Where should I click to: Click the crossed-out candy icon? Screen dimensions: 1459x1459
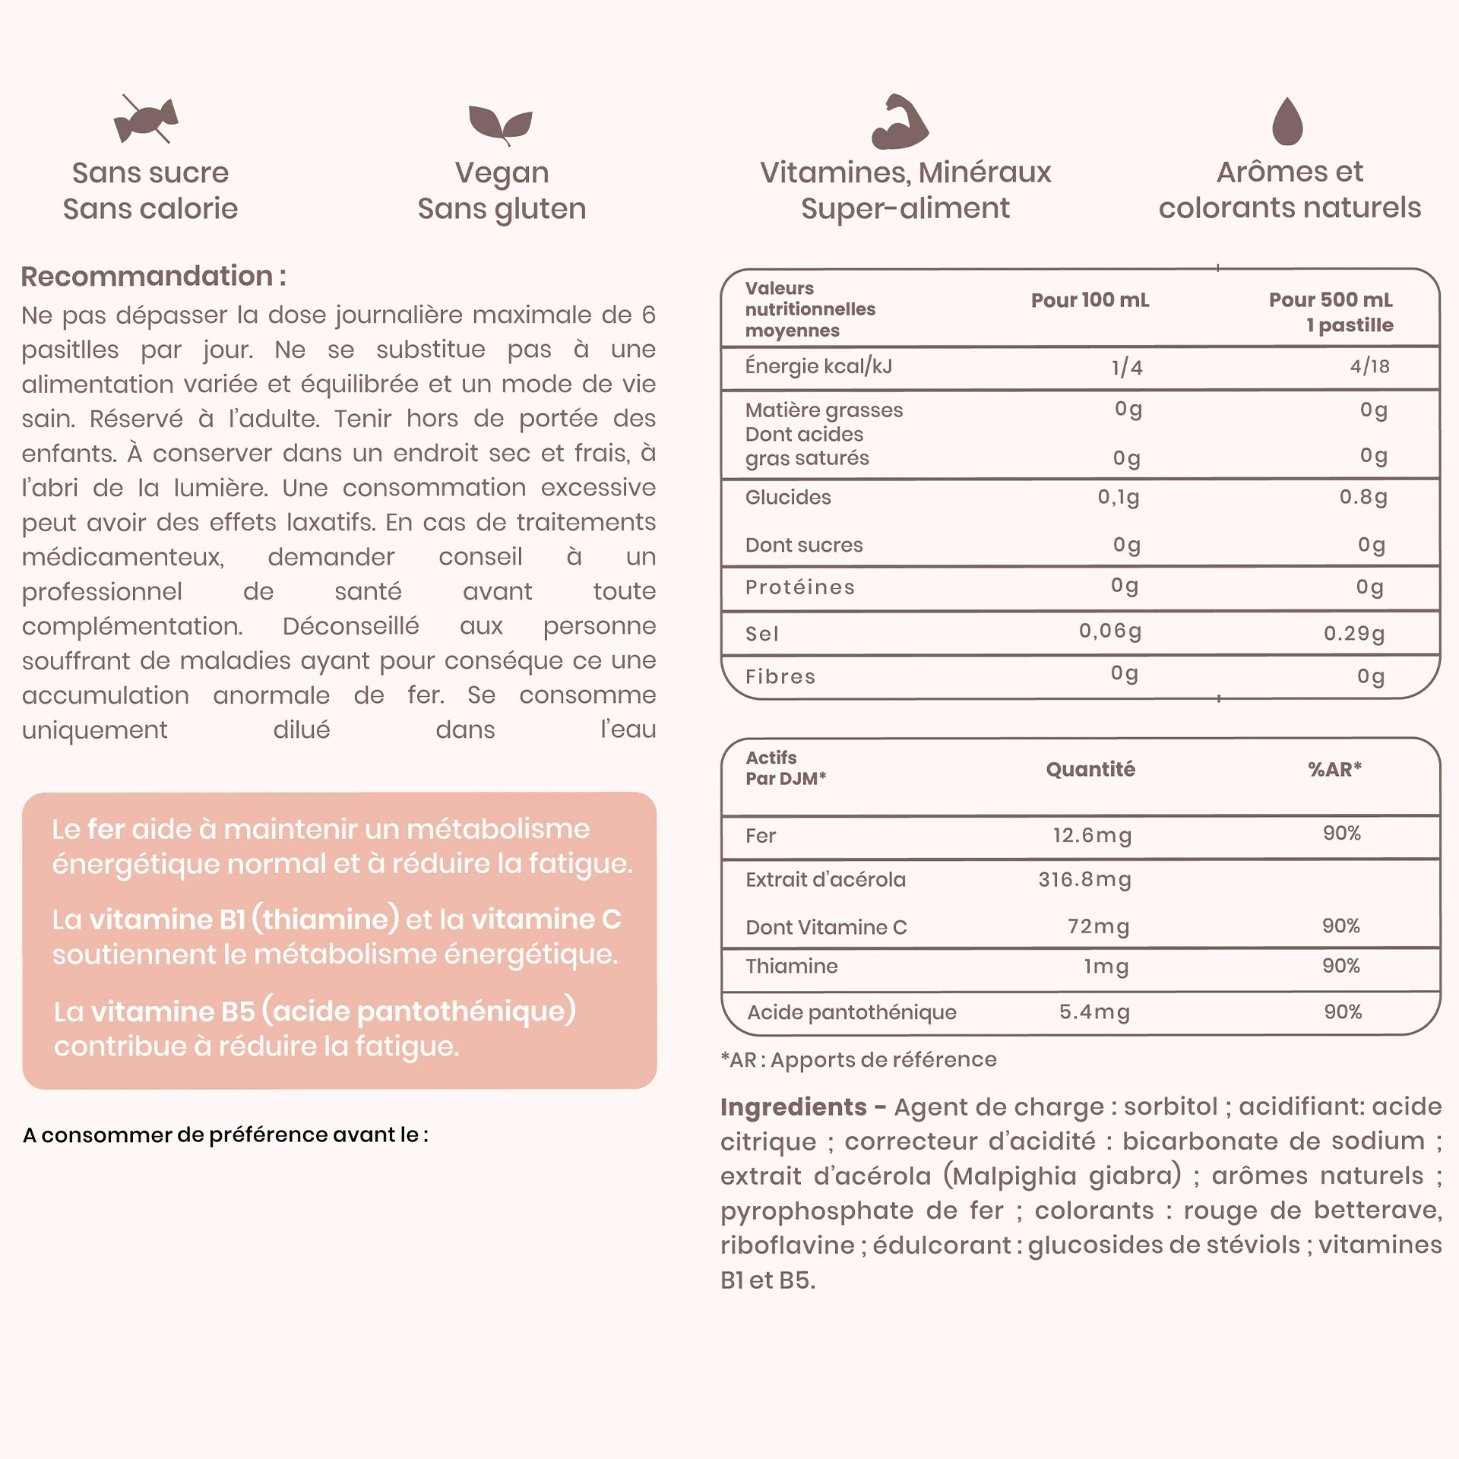coord(147,120)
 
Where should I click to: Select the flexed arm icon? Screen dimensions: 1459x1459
coord(900,122)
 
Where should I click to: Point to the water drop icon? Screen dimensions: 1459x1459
coord(1287,122)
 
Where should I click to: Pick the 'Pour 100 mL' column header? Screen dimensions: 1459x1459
coord(1090,300)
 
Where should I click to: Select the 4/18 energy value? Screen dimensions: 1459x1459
coord(1369,366)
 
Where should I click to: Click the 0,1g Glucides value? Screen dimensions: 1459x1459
coord(1118,497)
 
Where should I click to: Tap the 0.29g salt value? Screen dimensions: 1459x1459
coord(1354,633)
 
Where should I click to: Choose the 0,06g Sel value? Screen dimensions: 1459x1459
coord(1110,631)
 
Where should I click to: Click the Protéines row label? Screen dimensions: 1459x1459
coord(800,587)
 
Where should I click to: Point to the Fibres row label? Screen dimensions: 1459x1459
coord(780,676)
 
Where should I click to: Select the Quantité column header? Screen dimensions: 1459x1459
coord(1090,769)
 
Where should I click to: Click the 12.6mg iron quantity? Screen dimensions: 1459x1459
coord(1092,835)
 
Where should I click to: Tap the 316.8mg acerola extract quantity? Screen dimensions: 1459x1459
coord(1085,879)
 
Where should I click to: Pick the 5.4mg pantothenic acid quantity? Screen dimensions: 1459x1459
coord(1094,1011)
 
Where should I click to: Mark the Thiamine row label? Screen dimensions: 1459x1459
coord(792,966)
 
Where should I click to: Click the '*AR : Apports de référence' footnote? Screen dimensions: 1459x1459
coord(859,1059)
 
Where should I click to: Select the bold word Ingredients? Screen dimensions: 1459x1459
coord(793,1106)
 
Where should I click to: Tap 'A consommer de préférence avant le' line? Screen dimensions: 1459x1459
coord(226,1135)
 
